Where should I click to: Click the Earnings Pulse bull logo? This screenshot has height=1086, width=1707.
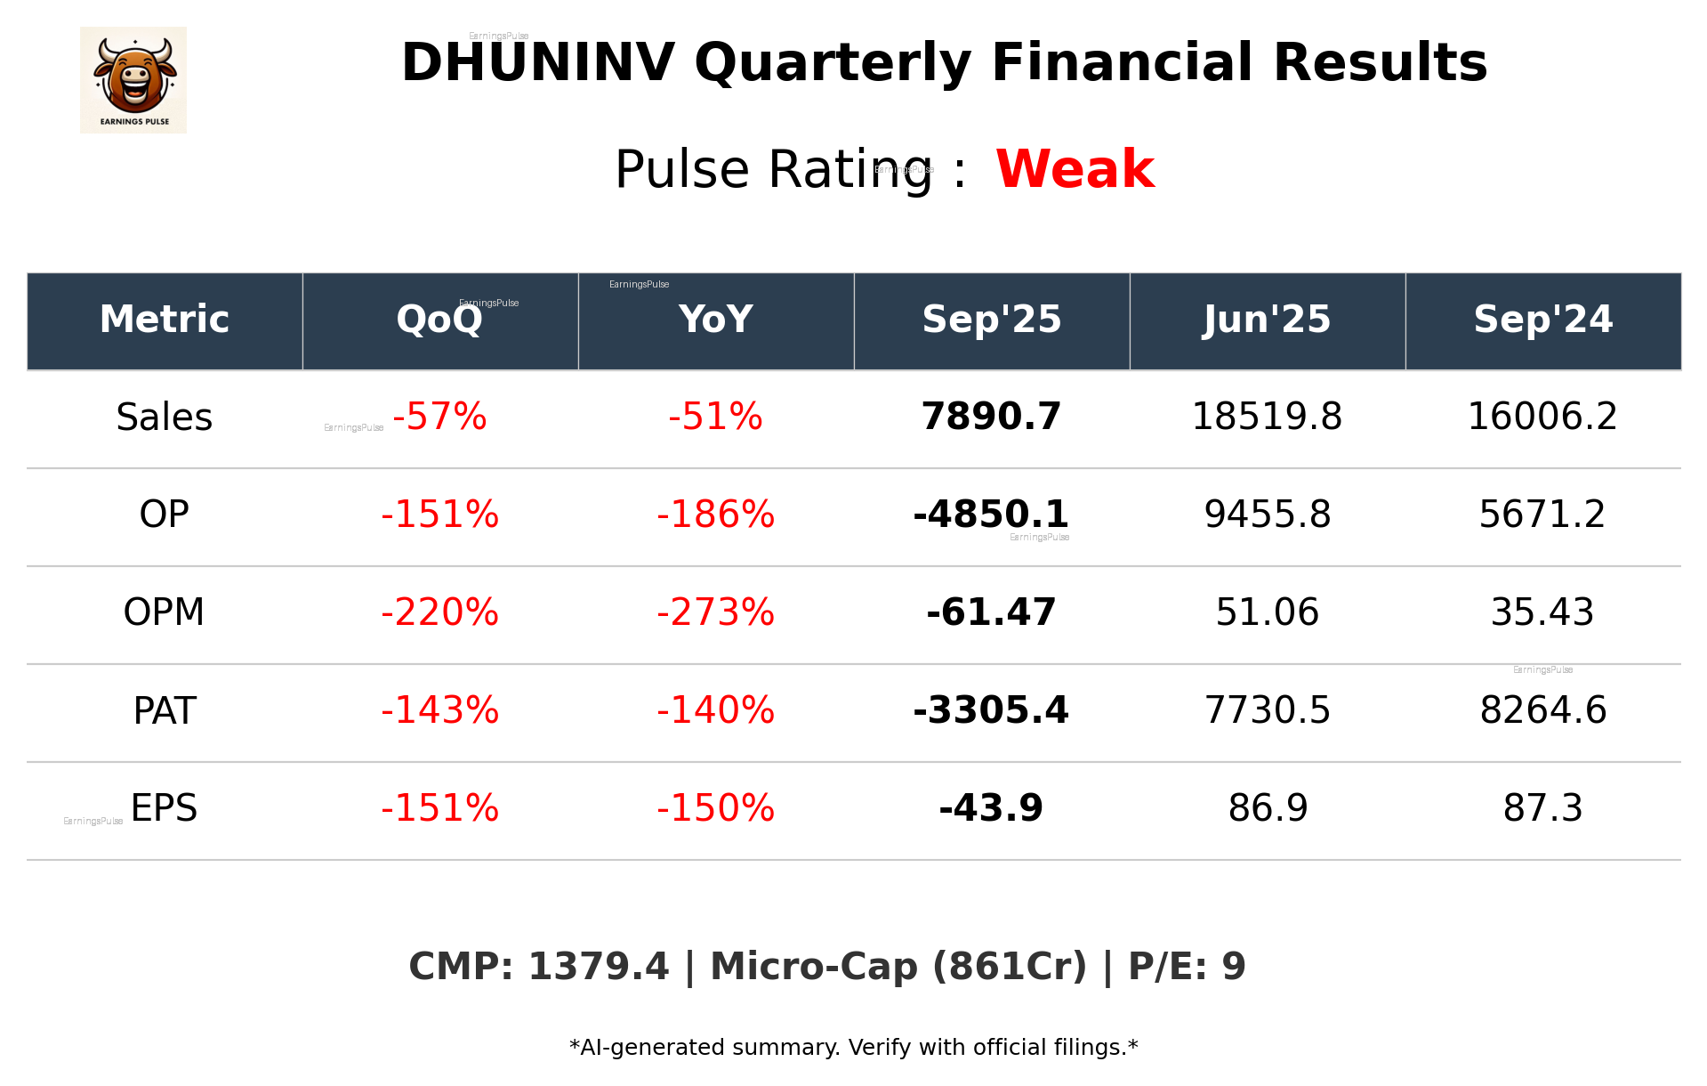tap(133, 80)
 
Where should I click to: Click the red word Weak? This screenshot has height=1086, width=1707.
tap(1075, 169)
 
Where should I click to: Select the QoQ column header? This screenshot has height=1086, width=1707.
tap(439, 320)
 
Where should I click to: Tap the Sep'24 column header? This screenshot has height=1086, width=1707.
tap(1542, 320)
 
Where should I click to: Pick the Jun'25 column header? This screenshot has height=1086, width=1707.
tap(1267, 320)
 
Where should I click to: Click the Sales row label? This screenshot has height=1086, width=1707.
tap(165, 417)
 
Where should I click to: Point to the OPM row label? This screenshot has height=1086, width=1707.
tap(165, 612)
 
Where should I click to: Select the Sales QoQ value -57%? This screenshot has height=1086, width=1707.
tap(439, 417)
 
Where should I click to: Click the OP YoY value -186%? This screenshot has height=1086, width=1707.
tap(715, 515)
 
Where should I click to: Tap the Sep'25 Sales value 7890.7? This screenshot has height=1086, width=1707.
tap(991, 417)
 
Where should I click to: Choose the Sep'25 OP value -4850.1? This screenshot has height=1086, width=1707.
tap(991, 515)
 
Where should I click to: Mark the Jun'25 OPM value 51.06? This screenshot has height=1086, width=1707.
tap(1267, 612)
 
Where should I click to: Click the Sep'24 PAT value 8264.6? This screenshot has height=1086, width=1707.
tap(1542, 710)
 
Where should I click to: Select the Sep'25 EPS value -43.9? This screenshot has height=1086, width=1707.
tap(991, 808)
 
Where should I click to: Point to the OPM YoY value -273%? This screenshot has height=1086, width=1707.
tap(715, 612)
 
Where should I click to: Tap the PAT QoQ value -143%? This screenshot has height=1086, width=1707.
tap(439, 710)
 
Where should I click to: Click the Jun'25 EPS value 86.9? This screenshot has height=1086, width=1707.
tap(1267, 808)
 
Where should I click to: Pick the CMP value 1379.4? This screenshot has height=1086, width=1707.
tap(598, 967)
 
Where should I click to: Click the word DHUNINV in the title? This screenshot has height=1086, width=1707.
tap(537, 63)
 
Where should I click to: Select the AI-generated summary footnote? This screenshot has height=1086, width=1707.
tap(853, 1048)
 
